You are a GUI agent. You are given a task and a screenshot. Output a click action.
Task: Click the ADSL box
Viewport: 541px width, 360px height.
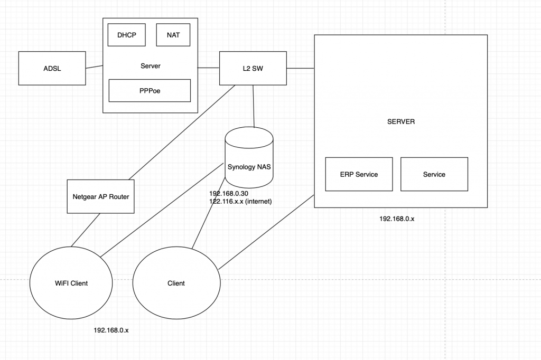(52, 68)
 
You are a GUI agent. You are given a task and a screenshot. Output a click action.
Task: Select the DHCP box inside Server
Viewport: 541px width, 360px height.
(127, 35)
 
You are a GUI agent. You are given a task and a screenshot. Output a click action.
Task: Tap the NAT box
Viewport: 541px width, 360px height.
(173, 35)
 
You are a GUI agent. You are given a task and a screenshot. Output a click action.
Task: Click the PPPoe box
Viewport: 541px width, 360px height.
(150, 90)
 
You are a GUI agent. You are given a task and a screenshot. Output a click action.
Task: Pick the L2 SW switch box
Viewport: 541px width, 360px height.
(253, 68)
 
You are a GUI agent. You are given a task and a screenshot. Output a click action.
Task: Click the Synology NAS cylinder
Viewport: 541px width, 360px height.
(249, 158)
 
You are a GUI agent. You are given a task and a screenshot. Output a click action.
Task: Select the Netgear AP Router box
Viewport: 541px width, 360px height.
(100, 196)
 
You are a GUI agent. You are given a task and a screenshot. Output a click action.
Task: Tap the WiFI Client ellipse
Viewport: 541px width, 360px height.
(71, 283)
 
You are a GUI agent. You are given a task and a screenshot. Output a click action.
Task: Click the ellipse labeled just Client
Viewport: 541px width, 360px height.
(176, 283)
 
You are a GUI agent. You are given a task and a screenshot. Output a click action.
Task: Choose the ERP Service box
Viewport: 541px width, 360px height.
(359, 174)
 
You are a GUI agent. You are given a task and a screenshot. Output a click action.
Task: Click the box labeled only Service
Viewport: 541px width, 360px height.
(434, 174)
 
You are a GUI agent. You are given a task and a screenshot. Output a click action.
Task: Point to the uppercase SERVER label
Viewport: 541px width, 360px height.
(401, 121)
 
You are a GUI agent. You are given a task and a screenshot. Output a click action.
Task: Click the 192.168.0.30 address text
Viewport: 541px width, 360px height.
(229, 193)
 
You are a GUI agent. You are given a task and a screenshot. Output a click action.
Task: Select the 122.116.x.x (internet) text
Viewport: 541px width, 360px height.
(241, 201)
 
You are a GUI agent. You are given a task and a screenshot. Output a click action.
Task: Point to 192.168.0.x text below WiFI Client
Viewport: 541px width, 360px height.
(111, 330)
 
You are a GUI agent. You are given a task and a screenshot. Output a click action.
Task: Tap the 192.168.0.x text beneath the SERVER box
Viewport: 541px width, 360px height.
(397, 219)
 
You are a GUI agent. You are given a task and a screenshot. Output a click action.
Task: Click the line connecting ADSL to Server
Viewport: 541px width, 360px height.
(94, 67)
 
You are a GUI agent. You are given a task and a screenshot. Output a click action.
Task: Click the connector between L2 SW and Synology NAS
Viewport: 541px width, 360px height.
(254, 106)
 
